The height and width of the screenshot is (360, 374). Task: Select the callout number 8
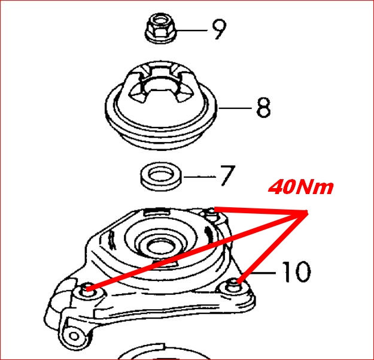coord(263,107)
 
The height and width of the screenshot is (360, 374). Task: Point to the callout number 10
coord(296,271)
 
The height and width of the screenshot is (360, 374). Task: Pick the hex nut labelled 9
coord(160,29)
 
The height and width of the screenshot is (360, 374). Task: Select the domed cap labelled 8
coord(161,105)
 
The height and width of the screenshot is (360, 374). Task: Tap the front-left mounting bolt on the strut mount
coord(87,289)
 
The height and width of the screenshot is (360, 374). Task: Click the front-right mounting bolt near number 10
coord(234,285)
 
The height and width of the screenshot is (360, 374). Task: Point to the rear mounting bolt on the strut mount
coord(211,214)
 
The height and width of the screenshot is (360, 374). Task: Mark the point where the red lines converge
coord(306,213)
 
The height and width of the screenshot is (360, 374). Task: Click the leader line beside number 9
coord(191,31)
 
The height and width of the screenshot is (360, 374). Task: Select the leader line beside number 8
coord(235,108)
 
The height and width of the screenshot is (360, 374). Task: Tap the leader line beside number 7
coord(200,177)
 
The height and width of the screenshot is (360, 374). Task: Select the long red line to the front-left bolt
coord(197,251)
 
